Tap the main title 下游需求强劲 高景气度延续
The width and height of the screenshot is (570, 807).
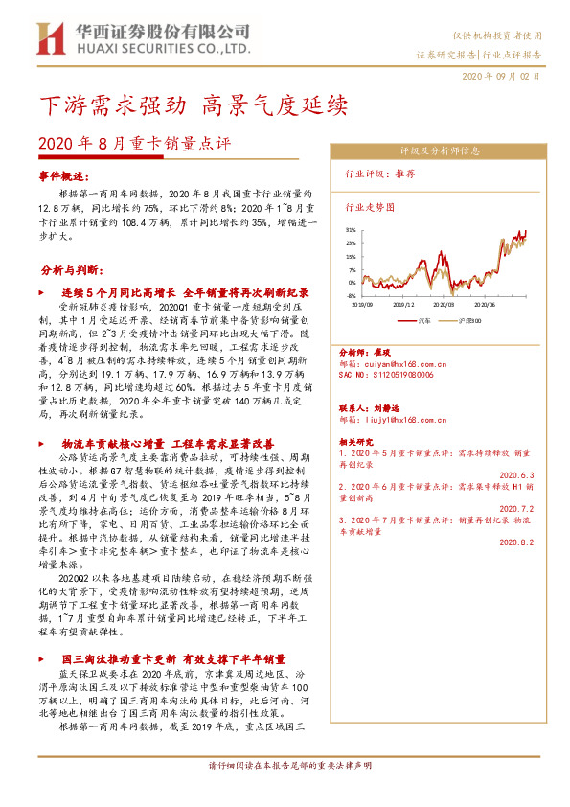click(192, 104)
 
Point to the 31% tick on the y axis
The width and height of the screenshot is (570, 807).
click(352, 230)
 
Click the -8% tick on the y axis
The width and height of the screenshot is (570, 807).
click(352, 296)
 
